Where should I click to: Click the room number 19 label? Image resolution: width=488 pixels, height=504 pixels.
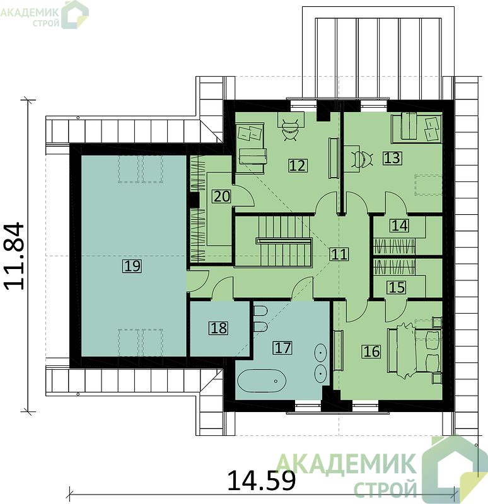[x=132, y=266]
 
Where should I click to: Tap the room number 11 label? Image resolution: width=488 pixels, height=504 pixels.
[x=339, y=254]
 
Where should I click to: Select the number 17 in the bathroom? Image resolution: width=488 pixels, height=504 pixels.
[x=282, y=348]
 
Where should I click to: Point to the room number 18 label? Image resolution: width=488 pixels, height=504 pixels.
[x=219, y=328]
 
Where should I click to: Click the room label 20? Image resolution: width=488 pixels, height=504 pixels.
[x=222, y=196]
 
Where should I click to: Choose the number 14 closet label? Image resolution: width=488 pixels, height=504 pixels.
[x=400, y=226]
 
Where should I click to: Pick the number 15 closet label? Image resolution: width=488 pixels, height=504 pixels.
[x=397, y=287]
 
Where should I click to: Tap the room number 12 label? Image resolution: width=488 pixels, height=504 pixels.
[x=297, y=165]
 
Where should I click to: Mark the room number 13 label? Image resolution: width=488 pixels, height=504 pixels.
[x=392, y=158]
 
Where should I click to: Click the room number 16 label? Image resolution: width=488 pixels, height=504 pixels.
[x=371, y=351]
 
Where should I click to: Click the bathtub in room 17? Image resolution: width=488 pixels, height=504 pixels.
[x=262, y=381]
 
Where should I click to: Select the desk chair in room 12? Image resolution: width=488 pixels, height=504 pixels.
[x=291, y=130]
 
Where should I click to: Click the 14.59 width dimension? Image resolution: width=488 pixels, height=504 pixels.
[x=261, y=480]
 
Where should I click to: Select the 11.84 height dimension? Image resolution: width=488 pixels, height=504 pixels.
[x=15, y=256]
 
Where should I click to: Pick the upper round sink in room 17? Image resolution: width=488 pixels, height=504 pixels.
[x=320, y=352]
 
